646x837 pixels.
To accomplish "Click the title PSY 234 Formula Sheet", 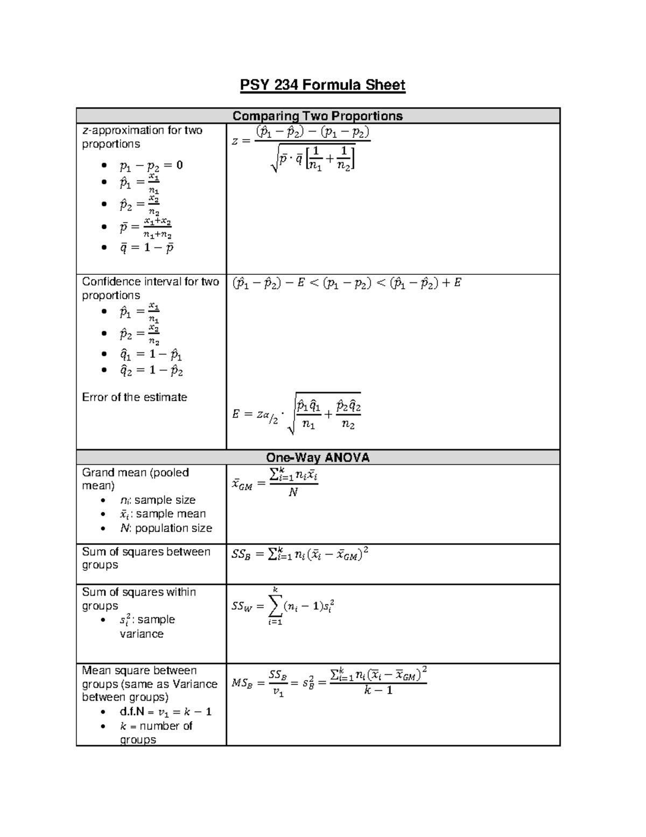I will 322,85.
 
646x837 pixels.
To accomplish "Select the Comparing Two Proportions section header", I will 318,116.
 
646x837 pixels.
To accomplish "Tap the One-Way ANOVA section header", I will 318,458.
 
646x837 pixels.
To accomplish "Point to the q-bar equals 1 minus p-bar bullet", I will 146,248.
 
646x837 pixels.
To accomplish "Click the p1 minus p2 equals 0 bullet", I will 151,165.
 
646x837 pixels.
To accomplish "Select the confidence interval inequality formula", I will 346,283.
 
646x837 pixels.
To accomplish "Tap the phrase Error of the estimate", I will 134,397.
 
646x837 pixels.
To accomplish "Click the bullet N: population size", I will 166,528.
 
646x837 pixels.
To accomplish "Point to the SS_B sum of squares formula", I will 300,555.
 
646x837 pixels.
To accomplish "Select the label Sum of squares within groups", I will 138,599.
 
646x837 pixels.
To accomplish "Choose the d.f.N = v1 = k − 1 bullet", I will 165,712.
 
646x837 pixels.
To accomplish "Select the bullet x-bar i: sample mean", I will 163,514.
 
